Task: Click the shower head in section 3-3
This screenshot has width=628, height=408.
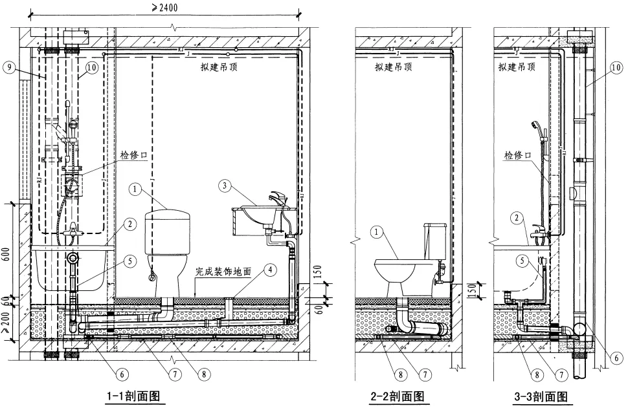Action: click(535, 124)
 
